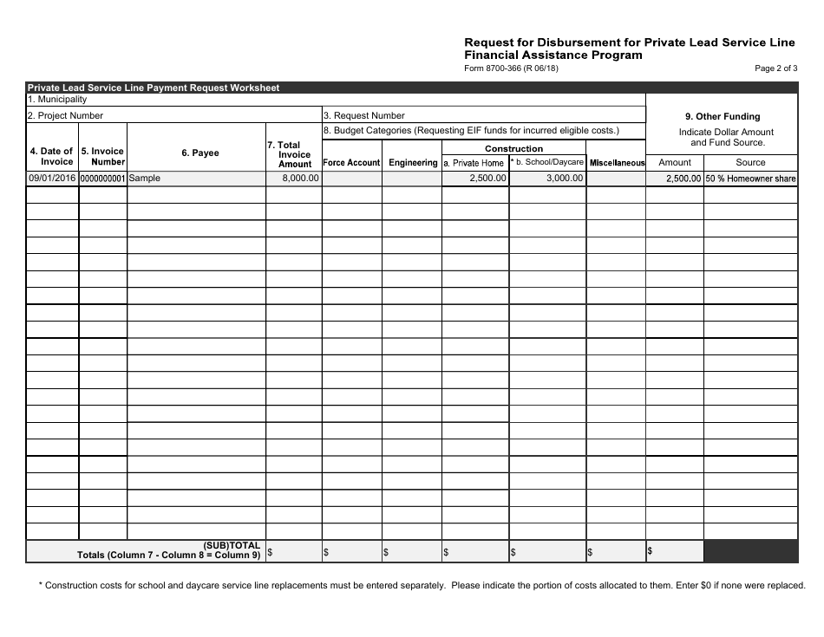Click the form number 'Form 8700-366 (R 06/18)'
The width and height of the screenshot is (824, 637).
[x=512, y=69]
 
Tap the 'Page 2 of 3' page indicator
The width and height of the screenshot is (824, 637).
[x=775, y=69]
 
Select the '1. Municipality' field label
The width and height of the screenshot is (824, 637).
[x=57, y=100]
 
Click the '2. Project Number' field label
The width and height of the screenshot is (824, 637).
[x=65, y=115]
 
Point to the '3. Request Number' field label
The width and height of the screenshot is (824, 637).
[x=364, y=115]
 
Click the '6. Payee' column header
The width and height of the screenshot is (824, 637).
[x=200, y=153]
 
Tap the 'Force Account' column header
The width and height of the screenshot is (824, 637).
[x=351, y=163]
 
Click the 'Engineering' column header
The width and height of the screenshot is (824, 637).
[x=413, y=163]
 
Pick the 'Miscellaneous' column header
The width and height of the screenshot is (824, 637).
[x=617, y=163]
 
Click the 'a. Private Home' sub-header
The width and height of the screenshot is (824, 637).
[x=474, y=163]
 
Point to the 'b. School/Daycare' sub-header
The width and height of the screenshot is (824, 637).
[x=548, y=162]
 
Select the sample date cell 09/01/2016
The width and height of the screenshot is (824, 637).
[x=53, y=179]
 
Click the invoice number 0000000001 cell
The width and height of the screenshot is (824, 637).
[x=103, y=179]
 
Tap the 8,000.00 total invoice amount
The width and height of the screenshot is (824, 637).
[x=300, y=178]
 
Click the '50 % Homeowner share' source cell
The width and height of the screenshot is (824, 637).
[x=750, y=179]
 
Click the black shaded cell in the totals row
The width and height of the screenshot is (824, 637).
[x=750, y=551]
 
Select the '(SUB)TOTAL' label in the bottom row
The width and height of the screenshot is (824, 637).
[x=232, y=546]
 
